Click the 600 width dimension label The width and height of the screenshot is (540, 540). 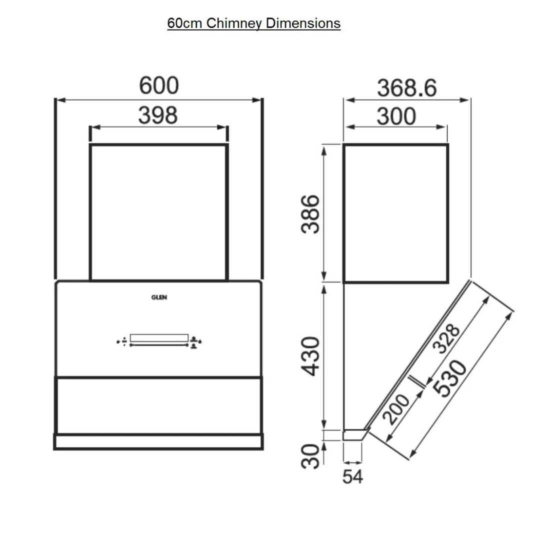[158, 85]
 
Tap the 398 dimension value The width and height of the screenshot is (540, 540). [158, 115]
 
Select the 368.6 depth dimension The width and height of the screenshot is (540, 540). [406, 88]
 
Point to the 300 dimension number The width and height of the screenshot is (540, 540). [396, 116]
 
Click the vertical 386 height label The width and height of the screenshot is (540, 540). [311, 214]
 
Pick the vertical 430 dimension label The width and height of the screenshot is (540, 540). [311, 356]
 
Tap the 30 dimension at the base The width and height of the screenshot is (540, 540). [311, 456]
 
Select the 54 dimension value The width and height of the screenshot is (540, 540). [352, 476]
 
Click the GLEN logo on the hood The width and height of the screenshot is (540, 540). [159, 297]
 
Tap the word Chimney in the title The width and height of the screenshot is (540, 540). [234, 23]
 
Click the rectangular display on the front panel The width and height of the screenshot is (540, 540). [159, 338]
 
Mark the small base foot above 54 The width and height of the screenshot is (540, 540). [354, 434]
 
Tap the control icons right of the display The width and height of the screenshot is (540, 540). [195, 342]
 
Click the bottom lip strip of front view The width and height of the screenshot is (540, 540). [158, 441]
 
